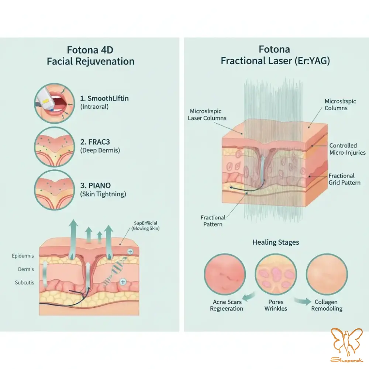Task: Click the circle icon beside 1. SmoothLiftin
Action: pos(55,103)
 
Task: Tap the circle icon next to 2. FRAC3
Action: pos(55,147)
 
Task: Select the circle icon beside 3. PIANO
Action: pos(55,190)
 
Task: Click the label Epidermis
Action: pos(23,256)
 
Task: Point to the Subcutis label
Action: pos(24,283)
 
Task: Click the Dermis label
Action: pos(26,269)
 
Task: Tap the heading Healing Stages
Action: pos(276,242)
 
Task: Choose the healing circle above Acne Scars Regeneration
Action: pos(225,274)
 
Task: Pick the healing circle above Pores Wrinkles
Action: pos(276,274)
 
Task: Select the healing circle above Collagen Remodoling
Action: pos(327,274)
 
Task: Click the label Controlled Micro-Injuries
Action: pos(347,149)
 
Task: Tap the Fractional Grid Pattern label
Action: pos(345,179)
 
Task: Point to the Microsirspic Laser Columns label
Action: pos(207,115)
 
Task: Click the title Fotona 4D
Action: pos(90,50)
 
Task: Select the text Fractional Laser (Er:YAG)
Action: pos(275,61)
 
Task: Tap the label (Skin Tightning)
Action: pos(103,194)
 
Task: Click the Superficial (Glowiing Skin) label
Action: pos(145,226)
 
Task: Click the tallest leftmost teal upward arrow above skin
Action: pos(73,239)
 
